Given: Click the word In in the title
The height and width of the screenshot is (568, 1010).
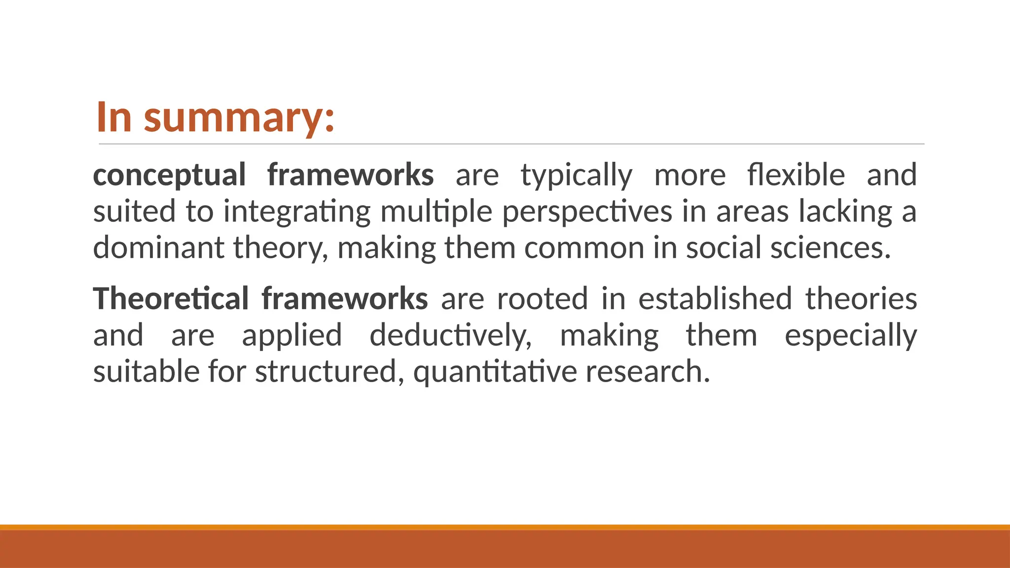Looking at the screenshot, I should (114, 117).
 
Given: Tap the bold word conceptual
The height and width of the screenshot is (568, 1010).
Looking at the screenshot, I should (169, 175).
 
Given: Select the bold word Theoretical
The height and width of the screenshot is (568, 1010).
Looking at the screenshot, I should (171, 299).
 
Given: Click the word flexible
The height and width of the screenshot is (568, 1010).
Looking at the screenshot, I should (796, 175).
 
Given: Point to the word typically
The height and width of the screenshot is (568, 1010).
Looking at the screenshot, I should (576, 175).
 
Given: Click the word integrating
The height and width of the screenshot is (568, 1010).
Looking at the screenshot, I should (297, 212).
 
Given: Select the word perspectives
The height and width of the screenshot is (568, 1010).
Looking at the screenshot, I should (587, 212).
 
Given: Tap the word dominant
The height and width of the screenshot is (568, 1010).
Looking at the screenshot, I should (158, 248).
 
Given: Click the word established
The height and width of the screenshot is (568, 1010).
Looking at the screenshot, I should (715, 299).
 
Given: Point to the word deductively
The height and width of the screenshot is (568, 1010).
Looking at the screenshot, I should (451, 335).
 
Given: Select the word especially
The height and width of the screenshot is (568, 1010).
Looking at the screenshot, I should (850, 335).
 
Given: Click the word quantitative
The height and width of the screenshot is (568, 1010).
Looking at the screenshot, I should (495, 372).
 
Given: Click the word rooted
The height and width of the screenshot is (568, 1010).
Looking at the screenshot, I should (542, 299).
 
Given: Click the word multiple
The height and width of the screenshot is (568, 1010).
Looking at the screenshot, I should (436, 212).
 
